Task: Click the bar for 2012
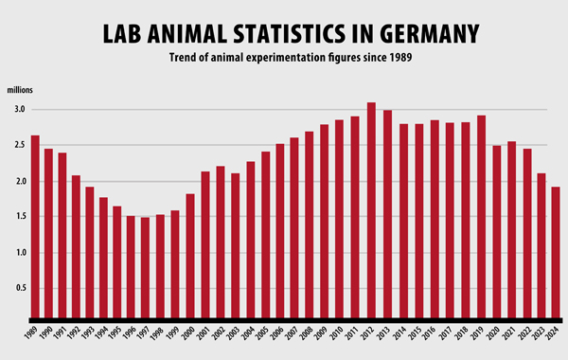[x=372, y=210]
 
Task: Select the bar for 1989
[x=35, y=226]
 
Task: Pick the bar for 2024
[x=556, y=252]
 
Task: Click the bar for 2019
[x=482, y=217]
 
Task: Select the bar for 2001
[x=205, y=244]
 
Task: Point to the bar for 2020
[x=497, y=231]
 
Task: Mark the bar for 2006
[x=280, y=231]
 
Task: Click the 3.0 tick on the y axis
[x=19, y=110]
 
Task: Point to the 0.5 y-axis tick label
[x=19, y=289]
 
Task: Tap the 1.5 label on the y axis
[x=19, y=217]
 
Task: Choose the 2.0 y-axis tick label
[x=19, y=181]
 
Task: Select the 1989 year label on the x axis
[x=32, y=336]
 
